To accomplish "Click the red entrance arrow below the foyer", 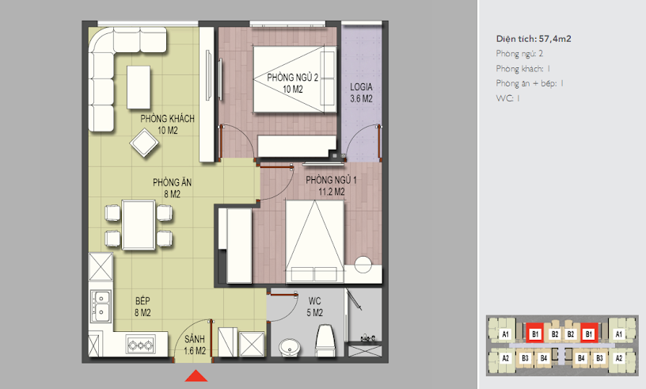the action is coord(196,376).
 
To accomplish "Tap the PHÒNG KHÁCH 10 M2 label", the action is coord(167,124).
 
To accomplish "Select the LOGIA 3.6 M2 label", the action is coord(361,93).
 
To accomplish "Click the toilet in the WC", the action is coord(325,341).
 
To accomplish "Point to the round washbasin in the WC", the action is coord(291,347).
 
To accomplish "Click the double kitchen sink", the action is coord(101,307).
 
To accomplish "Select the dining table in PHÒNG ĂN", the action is coord(139,225).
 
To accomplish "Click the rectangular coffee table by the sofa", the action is coord(139,87).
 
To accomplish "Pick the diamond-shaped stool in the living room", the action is coord(144,143).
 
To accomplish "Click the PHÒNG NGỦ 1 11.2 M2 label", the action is coord(331,185).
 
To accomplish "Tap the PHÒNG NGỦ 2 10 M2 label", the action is coord(292,83).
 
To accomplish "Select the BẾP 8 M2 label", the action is coord(142,307).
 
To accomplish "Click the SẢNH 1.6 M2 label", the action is coord(195,345).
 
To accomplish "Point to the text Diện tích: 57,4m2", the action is coord(534,39).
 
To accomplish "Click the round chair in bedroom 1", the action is coord(363,265).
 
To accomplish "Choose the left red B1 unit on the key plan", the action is coord(535,334).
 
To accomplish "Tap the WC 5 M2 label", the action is coord(315,307).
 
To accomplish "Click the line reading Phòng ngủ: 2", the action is coord(519,54).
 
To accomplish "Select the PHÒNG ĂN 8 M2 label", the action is coord(173,188).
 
